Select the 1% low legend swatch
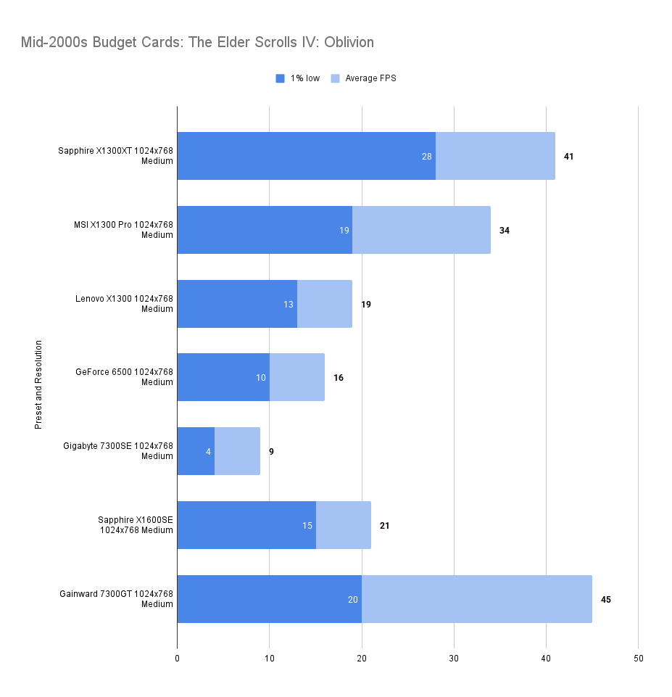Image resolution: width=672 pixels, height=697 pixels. [281, 78]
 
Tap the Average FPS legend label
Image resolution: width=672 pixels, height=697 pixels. [370, 78]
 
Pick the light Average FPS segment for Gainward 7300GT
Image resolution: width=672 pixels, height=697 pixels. [476, 599]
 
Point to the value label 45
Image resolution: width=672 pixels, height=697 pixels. [606, 599]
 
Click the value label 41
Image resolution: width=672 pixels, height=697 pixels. [568, 157]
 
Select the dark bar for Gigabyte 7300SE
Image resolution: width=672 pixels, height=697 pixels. [196, 451]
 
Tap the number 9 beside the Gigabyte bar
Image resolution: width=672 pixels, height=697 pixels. [271, 452]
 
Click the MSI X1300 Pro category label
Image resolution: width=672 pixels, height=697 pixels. [124, 230]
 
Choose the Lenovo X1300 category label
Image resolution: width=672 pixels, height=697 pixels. [124, 304]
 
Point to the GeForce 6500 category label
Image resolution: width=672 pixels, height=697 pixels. [124, 377]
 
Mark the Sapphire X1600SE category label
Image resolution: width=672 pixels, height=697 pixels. [136, 524]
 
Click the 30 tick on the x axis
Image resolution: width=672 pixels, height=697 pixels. [454, 659]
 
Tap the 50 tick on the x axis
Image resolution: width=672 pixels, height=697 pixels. [638, 659]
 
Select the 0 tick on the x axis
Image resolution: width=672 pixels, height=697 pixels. [177, 659]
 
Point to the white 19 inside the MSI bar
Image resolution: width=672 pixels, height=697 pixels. [344, 231]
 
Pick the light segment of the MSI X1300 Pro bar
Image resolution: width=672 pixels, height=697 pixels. [420, 230]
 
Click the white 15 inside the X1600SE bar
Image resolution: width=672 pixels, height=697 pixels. [307, 525]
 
